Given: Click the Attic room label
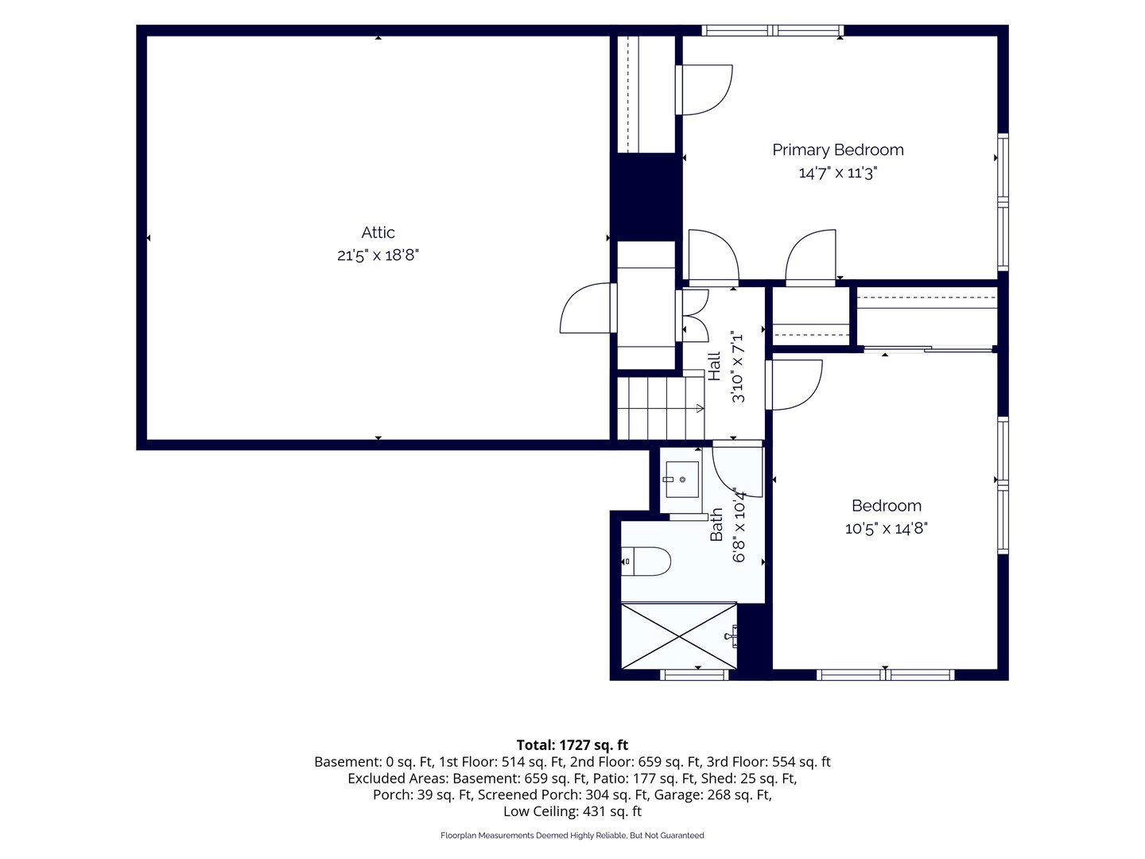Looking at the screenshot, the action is tap(378, 232).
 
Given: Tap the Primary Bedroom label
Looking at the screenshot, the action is tap(838, 150).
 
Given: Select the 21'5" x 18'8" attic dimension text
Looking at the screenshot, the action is tap(378, 255).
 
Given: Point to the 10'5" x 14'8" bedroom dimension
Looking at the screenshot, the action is tap(886, 528).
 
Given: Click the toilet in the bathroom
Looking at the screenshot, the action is tap(646, 562).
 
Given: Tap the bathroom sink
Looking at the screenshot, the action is tap(681, 479).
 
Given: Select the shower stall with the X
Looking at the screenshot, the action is tap(679, 636).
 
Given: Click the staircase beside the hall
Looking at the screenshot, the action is tap(661, 408).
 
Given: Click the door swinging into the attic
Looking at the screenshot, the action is tap(588, 308).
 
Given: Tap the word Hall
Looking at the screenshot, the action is tap(714, 366).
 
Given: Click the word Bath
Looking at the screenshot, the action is tap(716, 524).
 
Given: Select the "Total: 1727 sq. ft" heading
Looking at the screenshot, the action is tap(572, 744).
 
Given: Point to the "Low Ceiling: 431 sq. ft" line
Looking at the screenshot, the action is tap(572, 811).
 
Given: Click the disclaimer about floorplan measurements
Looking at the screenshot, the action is tap(572, 835).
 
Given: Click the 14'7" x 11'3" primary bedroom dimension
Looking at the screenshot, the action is tap(838, 173).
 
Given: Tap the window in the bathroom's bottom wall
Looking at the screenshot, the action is tap(694, 675).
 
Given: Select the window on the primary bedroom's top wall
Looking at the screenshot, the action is tap(772, 30).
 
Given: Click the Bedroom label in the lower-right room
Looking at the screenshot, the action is tap(886, 505).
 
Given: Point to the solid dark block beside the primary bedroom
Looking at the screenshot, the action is tap(646, 197).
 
